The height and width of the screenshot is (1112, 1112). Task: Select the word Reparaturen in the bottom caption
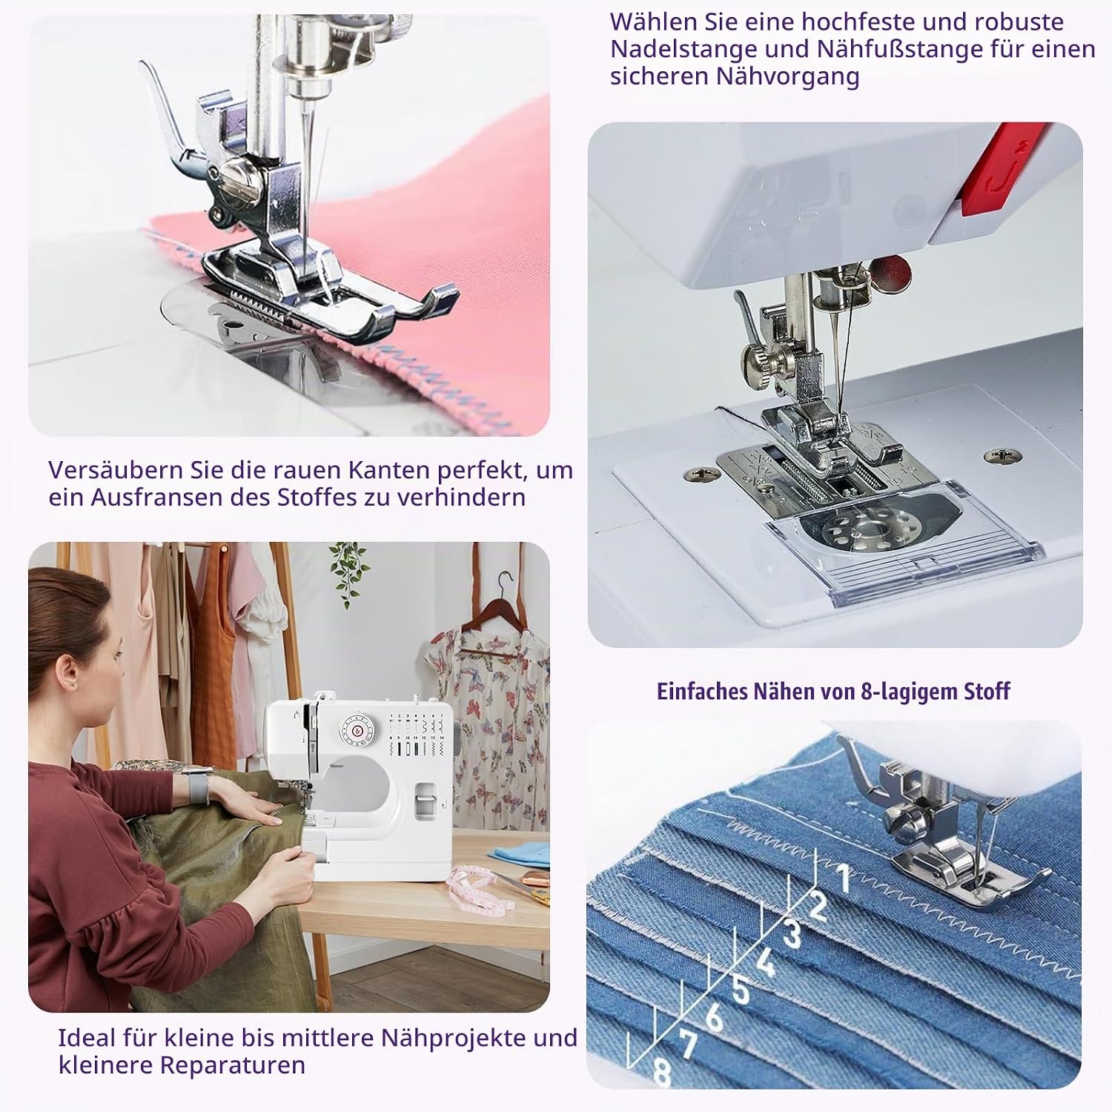point(233,1065)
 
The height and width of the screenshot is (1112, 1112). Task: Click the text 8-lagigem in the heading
point(909,692)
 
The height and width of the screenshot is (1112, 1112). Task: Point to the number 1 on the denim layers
point(843,878)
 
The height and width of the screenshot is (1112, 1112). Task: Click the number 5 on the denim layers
point(740,989)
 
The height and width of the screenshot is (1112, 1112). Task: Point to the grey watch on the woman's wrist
point(194,785)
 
